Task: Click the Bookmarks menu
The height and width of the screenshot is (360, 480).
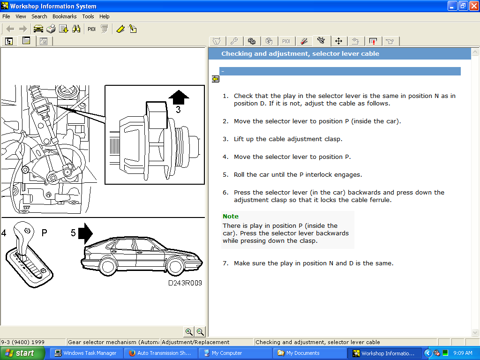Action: click(x=64, y=16)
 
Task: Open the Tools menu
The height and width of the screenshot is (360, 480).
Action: click(x=88, y=16)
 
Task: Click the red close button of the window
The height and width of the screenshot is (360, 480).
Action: click(x=473, y=6)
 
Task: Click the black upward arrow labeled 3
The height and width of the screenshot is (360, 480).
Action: click(x=179, y=97)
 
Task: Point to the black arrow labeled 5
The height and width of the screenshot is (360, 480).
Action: click(x=85, y=233)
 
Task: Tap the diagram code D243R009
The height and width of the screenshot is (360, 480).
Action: click(x=185, y=283)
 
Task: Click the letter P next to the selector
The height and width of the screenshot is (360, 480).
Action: click(x=44, y=233)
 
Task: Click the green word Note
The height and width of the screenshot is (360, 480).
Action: click(x=231, y=217)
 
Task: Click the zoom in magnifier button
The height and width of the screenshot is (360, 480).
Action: click(x=189, y=332)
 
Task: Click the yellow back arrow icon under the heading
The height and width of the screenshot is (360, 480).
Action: click(x=216, y=79)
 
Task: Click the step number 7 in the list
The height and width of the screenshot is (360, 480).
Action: click(x=225, y=263)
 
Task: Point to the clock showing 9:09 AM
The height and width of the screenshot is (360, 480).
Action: click(x=462, y=353)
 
